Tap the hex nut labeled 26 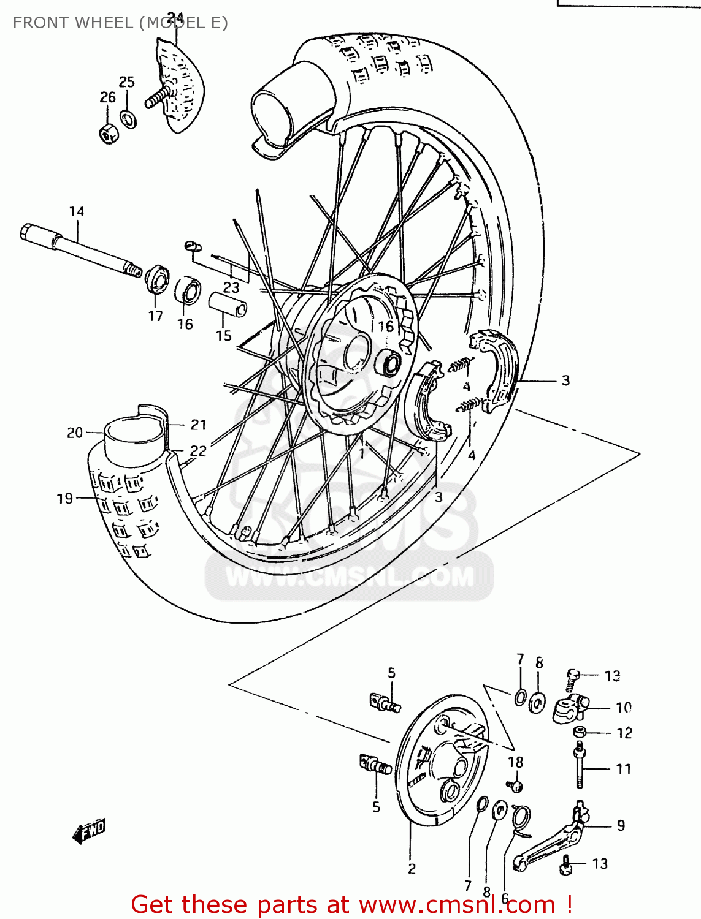coord(108,133)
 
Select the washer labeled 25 coord(128,118)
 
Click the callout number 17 coord(155,316)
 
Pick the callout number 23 coord(231,287)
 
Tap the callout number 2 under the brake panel coord(412,868)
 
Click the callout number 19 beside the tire coord(65,499)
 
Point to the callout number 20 coord(75,433)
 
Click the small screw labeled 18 coord(515,785)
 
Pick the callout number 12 coord(624,733)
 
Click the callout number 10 coord(624,708)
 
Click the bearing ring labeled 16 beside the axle coord(187,290)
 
